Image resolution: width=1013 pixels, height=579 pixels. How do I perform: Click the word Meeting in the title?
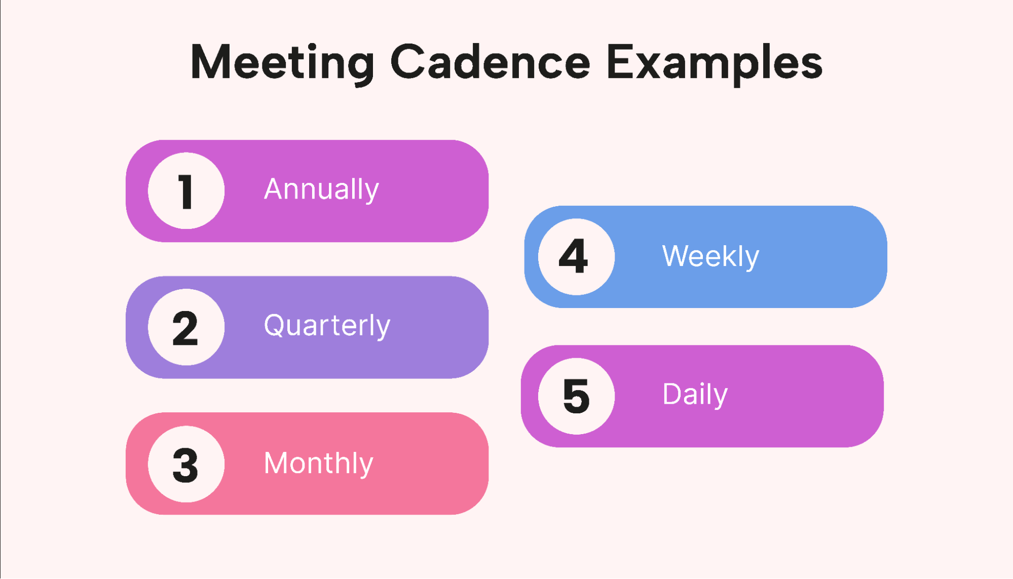282,63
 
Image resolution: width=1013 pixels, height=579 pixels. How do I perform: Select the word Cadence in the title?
490,62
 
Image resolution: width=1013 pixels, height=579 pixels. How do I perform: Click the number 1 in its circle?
186,191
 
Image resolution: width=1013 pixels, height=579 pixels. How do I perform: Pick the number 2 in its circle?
185,328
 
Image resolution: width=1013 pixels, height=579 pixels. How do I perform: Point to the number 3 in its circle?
185,465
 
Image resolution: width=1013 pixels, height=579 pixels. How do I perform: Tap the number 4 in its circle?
573,256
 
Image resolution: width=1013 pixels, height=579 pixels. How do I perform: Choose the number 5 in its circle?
576,396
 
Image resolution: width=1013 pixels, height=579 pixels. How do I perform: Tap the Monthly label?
318,464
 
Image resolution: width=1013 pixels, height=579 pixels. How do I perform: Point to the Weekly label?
710,256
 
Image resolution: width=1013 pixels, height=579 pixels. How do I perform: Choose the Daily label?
695,395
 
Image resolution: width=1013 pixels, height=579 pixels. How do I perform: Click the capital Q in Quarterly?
276,325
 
